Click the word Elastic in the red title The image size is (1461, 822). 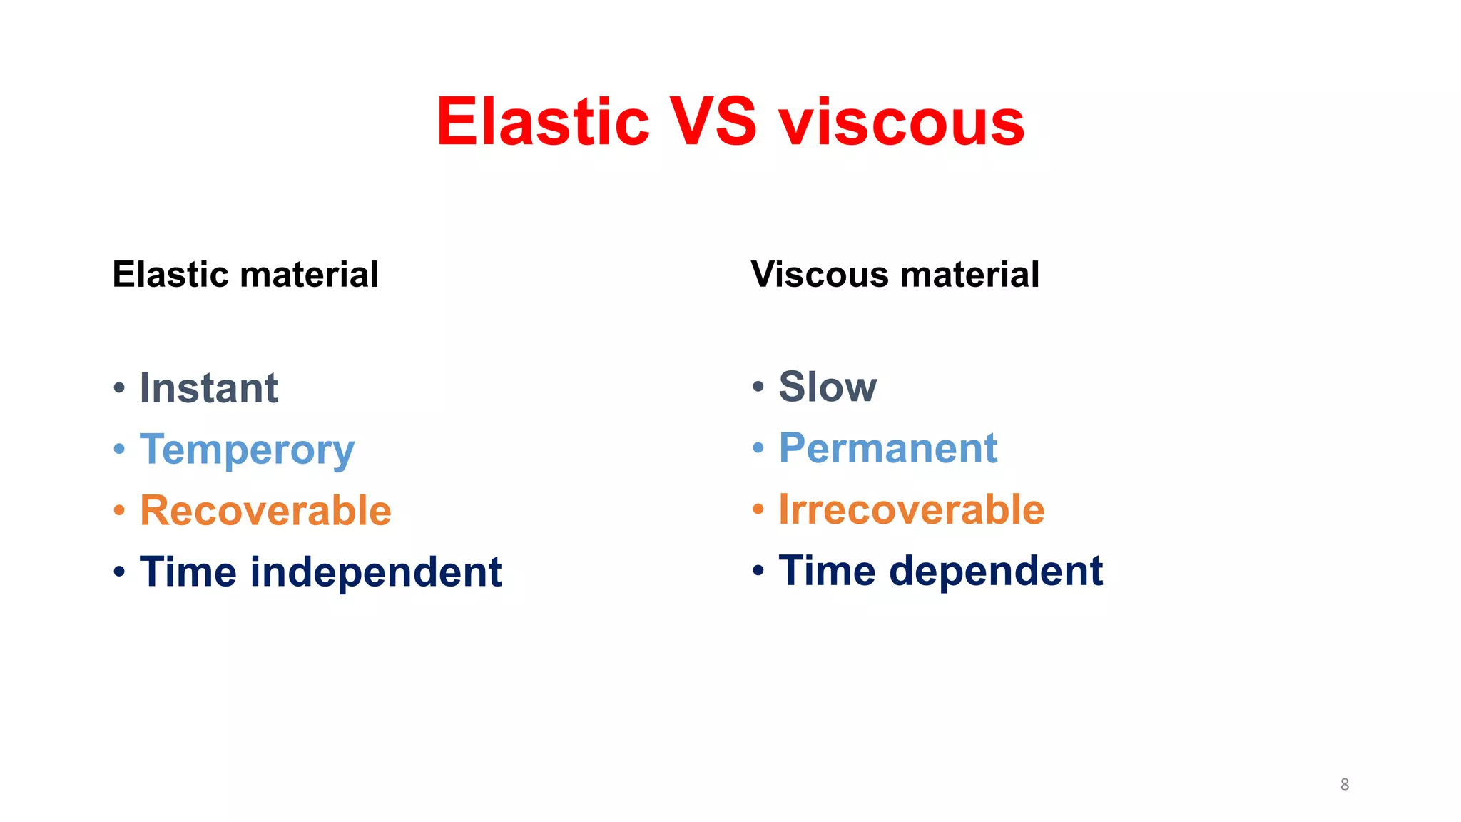click(542, 123)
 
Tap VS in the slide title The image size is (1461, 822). click(712, 123)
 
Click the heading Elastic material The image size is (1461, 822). click(245, 275)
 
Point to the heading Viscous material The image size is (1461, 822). click(895, 275)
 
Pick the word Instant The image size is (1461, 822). click(208, 388)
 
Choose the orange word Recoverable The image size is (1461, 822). click(265, 511)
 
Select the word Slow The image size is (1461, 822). click(828, 387)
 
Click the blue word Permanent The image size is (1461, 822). click(887, 448)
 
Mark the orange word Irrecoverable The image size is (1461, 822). click(911, 509)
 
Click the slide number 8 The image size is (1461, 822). click(1344, 784)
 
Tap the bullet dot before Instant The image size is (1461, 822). click(119, 389)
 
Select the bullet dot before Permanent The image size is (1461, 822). click(758, 449)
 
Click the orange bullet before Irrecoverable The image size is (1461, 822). click(758, 510)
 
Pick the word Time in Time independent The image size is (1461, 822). click(188, 572)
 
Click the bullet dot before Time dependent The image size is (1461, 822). click(758, 571)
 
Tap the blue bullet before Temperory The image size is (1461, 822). click(119, 450)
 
